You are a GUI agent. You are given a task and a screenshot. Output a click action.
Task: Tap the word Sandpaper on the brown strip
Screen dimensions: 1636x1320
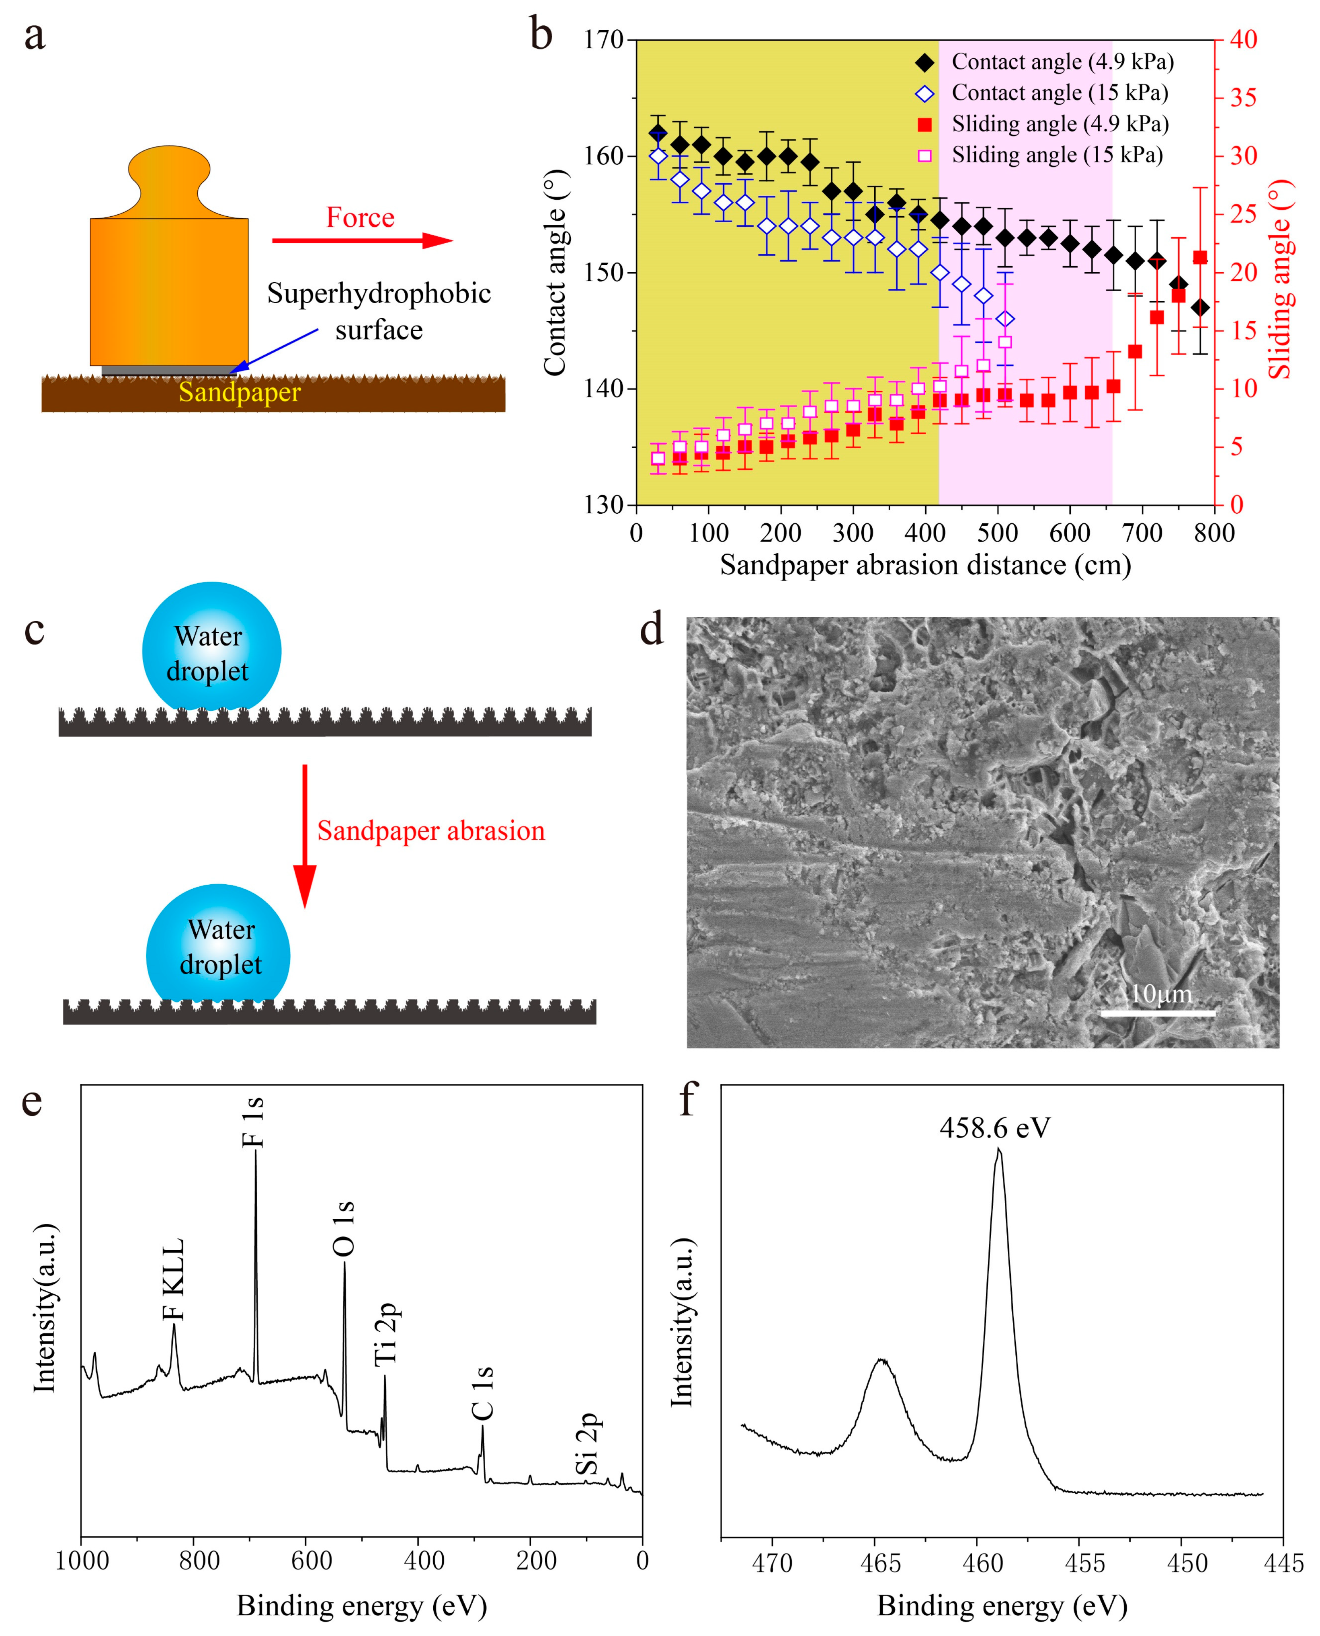click(240, 392)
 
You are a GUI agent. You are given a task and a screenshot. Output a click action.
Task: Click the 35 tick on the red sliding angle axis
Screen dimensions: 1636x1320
click(1244, 97)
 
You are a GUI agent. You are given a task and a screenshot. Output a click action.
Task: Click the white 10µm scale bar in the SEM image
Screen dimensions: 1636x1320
click(1157, 1013)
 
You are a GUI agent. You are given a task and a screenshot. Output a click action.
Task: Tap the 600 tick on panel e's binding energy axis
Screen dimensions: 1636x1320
click(312, 1560)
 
